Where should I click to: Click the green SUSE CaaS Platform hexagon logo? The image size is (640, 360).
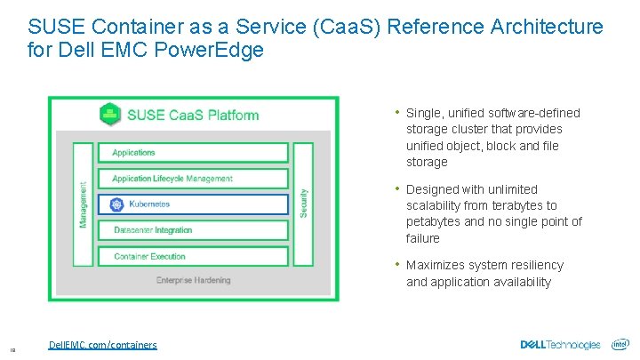[111, 114]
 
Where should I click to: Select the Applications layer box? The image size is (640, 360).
[193, 153]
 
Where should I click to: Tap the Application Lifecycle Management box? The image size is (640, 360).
[193, 179]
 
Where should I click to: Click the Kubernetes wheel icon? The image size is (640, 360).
[116, 204]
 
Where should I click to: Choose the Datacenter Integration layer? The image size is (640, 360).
[193, 230]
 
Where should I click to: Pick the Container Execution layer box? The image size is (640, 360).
[193, 256]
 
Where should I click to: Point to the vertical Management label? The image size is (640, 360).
[84, 204]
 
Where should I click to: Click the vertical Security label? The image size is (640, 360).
[303, 204]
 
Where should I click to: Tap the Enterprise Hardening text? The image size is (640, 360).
[193, 280]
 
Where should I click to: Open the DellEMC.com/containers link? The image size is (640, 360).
[103, 345]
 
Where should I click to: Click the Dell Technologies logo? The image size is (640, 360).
[560, 344]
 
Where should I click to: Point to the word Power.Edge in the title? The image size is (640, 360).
[220, 50]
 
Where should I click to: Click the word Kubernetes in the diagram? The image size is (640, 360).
[149, 204]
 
